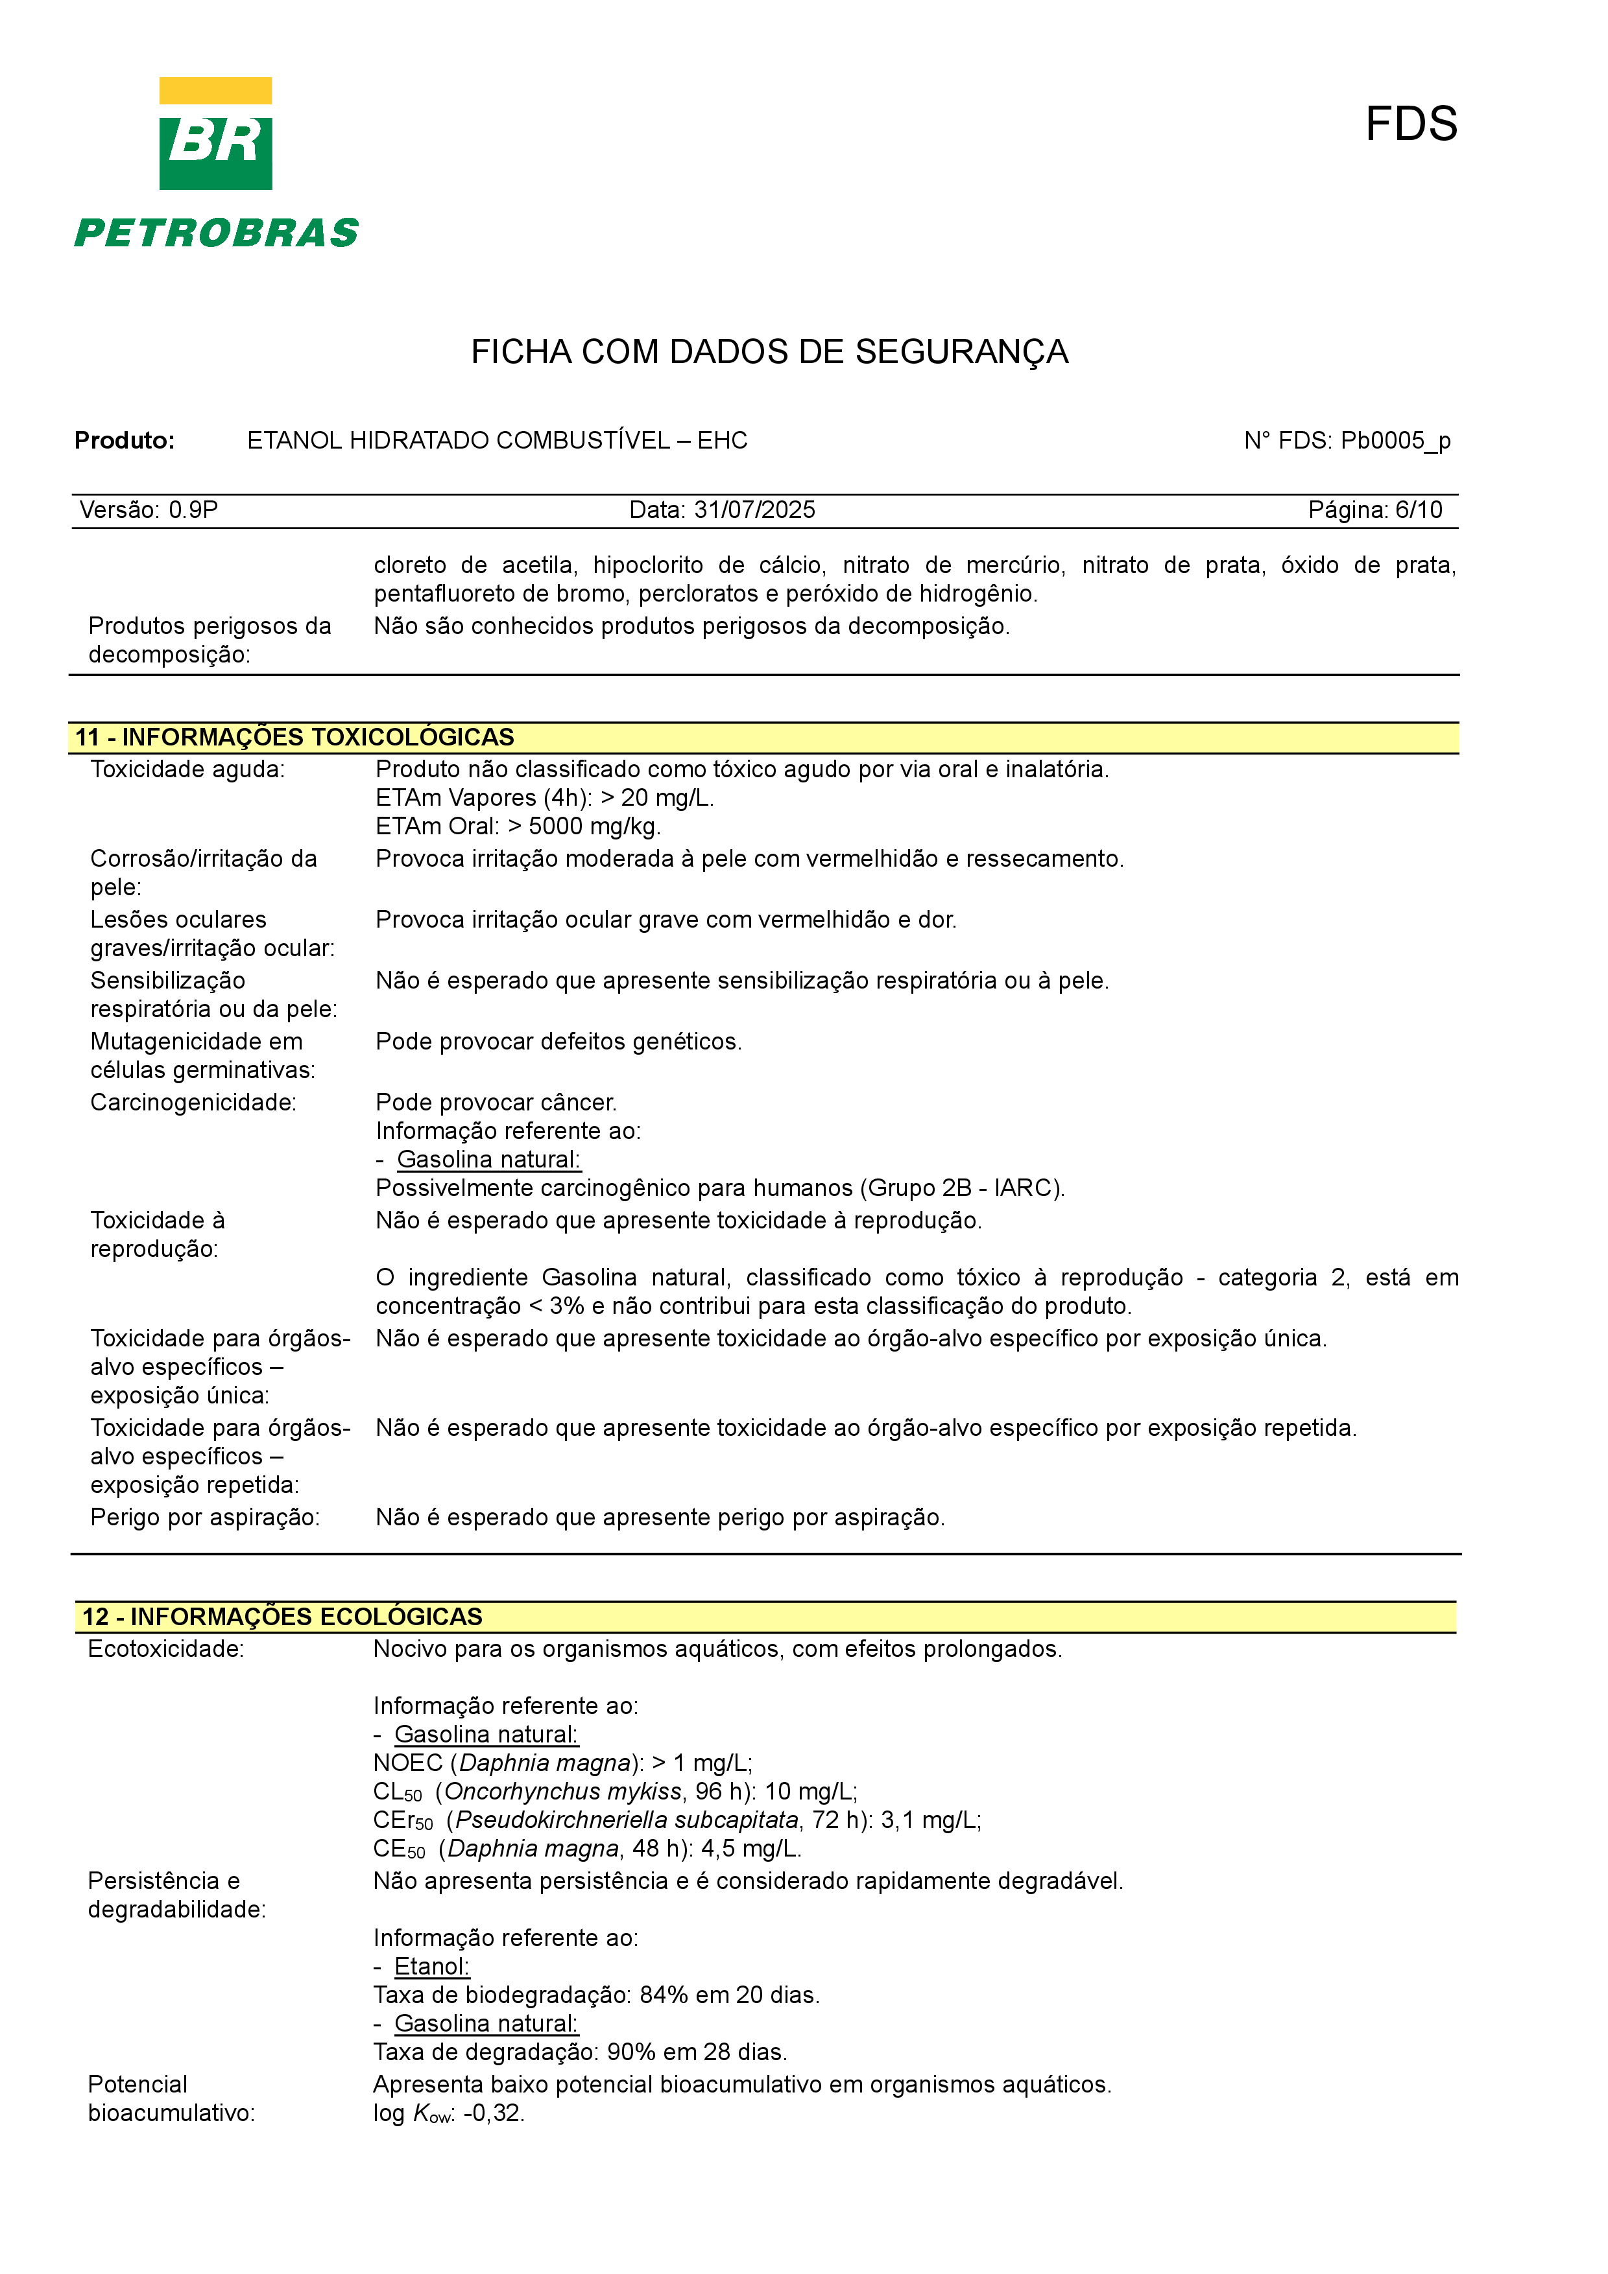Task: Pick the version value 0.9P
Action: [193, 510]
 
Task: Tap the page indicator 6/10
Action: [1418, 510]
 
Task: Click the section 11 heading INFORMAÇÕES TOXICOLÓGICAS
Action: [317, 737]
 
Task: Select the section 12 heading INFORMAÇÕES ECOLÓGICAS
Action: [306, 1616]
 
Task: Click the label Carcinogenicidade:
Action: [193, 1103]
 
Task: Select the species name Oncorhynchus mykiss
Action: [563, 1790]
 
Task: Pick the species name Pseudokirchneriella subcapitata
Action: [626, 1820]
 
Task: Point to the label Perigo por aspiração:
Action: [205, 1518]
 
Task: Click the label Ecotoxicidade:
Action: [165, 1649]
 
